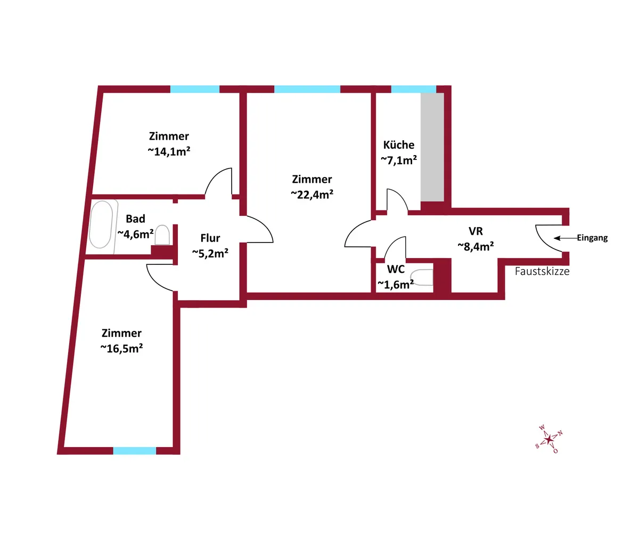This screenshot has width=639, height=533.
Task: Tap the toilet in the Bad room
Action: pyautogui.click(x=162, y=235)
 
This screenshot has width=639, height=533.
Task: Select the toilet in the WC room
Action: pyautogui.click(x=423, y=278)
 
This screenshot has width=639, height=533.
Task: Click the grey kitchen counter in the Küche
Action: pyautogui.click(x=432, y=147)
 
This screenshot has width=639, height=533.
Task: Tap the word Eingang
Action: pyautogui.click(x=592, y=238)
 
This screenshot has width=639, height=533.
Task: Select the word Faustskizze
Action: pyautogui.click(x=542, y=271)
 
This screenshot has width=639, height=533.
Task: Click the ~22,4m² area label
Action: pyautogui.click(x=312, y=194)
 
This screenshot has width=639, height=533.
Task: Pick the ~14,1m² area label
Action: pyautogui.click(x=169, y=151)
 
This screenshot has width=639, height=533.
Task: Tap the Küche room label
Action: pyautogui.click(x=399, y=145)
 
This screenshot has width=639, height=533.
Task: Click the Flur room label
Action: pyautogui.click(x=210, y=238)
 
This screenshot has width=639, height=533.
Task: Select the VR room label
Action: pyautogui.click(x=476, y=231)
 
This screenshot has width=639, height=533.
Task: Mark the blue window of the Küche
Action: pyautogui.click(x=413, y=89)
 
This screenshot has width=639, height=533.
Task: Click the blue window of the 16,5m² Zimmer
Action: pyautogui.click(x=134, y=451)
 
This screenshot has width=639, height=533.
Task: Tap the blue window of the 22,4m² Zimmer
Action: pyautogui.click(x=307, y=89)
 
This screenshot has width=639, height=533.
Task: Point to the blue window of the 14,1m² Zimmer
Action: pyautogui.click(x=195, y=89)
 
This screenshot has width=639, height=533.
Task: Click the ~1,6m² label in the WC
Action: pyautogui.click(x=396, y=285)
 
